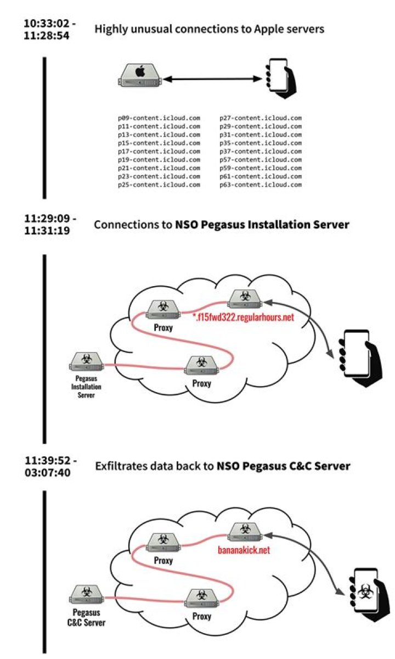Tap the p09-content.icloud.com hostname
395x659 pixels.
click(159, 118)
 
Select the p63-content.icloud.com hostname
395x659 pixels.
click(261, 185)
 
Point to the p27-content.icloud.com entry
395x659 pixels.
click(261, 118)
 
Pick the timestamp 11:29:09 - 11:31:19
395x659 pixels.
click(50, 225)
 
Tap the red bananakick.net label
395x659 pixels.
click(245, 550)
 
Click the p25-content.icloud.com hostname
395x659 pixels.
click(159, 185)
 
